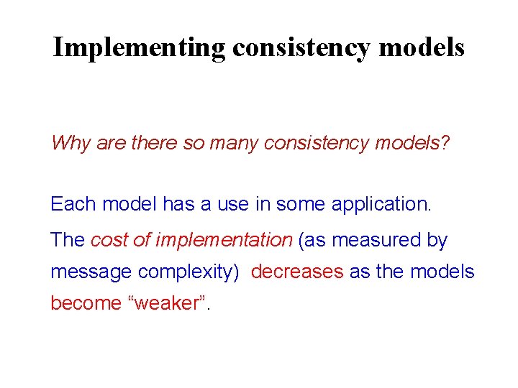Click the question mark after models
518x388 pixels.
(445, 143)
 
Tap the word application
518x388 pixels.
(381, 204)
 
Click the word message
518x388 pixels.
(91, 272)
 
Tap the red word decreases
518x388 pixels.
(297, 272)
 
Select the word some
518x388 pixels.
(305, 204)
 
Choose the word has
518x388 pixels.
(178, 204)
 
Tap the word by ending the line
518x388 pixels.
(437, 240)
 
